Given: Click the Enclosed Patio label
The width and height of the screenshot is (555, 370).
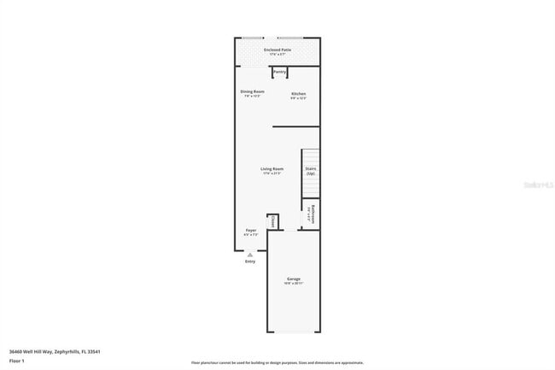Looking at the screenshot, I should click(x=277, y=50).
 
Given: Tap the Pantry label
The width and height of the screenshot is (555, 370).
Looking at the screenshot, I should click(x=280, y=72).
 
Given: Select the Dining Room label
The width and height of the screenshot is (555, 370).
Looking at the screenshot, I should click(x=252, y=91).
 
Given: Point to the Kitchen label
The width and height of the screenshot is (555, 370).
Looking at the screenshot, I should click(x=298, y=93).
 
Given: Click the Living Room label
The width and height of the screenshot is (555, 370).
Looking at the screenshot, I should click(x=272, y=169).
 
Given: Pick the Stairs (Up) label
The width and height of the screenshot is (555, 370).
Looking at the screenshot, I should click(x=311, y=170).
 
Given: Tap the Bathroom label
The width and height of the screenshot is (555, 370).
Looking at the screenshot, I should click(x=313, y=214).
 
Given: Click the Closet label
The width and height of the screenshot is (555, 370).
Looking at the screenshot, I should click(x=272, y=221).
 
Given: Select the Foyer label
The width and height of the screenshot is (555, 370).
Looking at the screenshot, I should click(x=251, y=231).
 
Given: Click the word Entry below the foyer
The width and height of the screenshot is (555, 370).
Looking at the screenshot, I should click(x=250, y=261).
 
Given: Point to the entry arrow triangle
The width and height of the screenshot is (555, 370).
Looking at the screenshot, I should click(x=250, y=255).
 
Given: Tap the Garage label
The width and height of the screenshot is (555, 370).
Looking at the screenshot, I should click(x=294, y=279).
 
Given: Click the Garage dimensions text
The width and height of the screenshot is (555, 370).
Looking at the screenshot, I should click(x=294, y=284).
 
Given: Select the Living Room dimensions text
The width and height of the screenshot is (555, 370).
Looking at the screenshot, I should click(x=272, y=173).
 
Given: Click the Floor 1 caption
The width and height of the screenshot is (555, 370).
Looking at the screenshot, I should click(x=15, y=361).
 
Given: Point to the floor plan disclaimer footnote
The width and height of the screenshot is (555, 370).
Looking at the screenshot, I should click(x=277, y=363).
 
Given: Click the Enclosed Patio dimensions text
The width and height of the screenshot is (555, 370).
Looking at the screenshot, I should click(x=277, y=55).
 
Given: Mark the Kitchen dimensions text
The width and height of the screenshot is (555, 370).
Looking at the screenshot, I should click(x=298, y=97).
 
